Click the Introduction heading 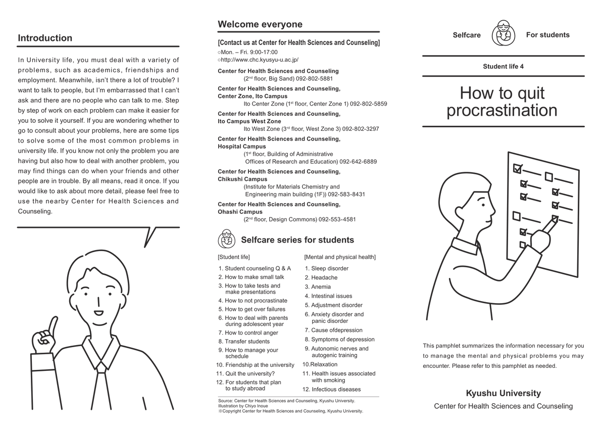[45, 38]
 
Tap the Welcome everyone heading [260, 24]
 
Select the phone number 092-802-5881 [314, 79]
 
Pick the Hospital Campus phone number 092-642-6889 [358, 162]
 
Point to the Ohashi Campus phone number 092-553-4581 [337, 219]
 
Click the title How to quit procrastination [502, 102]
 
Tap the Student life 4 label [503, 67]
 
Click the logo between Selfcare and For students [503, 33]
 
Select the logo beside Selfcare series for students [226, 239]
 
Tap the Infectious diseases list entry [332, 390]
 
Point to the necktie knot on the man [101, 367]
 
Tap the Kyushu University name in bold [503, 393]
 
